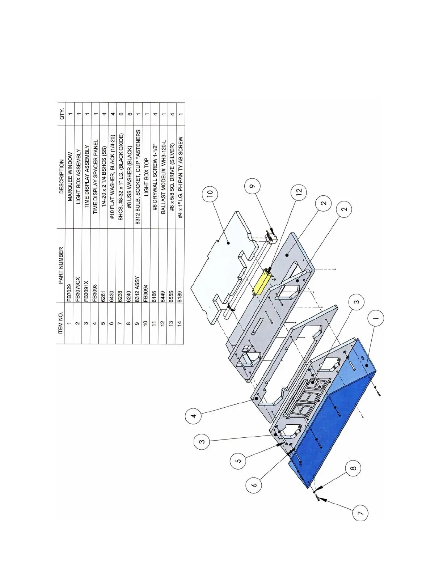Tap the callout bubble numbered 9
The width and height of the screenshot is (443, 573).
tap(252, 187)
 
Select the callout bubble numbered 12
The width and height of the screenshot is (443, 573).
tap(299, 191)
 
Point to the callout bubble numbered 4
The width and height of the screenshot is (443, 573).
tap(193, 416)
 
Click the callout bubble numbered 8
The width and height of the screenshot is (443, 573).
tap(354, 468)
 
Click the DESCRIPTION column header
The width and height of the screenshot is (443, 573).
tap(61, 177)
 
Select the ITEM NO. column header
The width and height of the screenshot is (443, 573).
tap(61, 323)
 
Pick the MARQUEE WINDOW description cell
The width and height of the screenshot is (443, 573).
tap(69, 177)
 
